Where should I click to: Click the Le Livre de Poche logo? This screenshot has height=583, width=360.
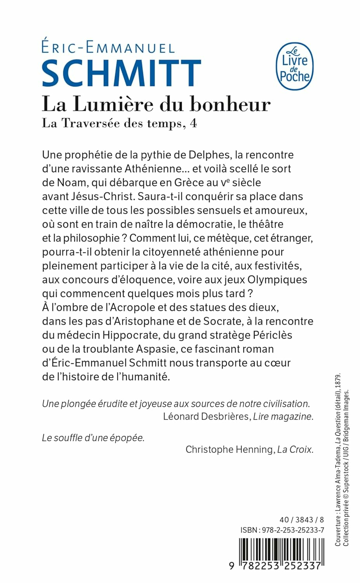pyautogui.click(x=294, y=66)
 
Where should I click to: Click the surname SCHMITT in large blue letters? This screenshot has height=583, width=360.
pyautogui.click(x=121, y=73)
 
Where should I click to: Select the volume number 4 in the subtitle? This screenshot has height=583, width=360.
pyautogui.click(x=193, y=123)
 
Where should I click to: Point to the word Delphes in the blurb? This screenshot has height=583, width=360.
pyautogui.click(x=209, y=155)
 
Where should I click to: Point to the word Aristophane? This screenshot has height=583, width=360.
pyautogui.click(x=141, y=321)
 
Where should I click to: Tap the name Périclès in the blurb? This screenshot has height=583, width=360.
pyautogui.click(x=272, y=335)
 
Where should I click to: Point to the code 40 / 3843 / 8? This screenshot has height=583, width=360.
pyautogui.click(x=301, y=520)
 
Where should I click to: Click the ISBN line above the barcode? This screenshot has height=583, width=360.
pyautogui.click(x=282, y=530)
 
